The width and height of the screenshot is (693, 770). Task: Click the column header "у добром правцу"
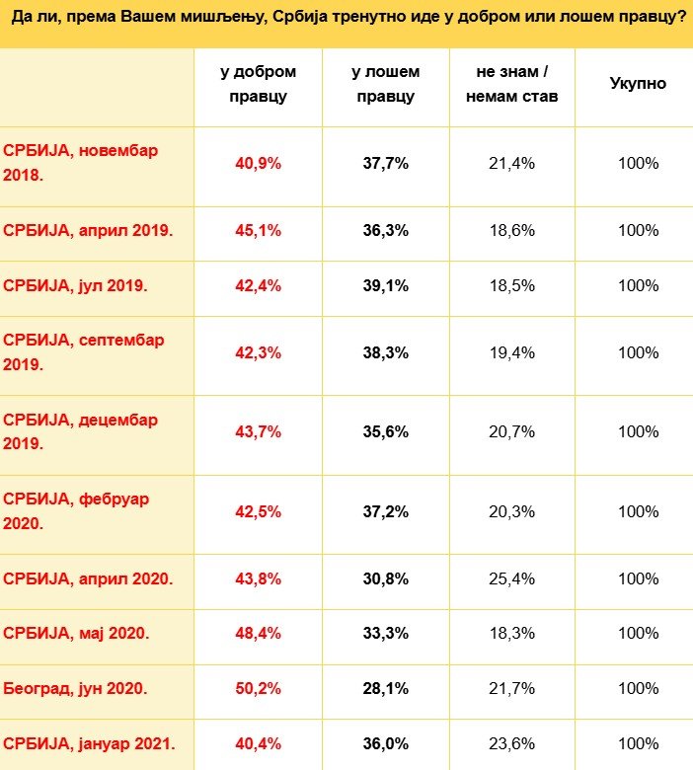(x=258, y=84)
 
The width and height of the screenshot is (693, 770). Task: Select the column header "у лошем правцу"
(x=385, y=84)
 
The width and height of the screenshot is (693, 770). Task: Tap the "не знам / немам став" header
(x=511, y=84)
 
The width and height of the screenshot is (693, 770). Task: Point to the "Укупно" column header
(x=638, y=84)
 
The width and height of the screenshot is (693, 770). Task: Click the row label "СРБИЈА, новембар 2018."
(x=80, y=163)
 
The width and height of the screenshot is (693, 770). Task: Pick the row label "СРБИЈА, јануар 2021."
(x=92, y=742)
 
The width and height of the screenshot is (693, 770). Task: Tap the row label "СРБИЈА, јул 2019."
(x=75, y=285)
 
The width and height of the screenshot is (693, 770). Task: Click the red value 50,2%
(x=258, y=688)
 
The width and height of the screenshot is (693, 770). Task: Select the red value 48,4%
(x=258, y=633)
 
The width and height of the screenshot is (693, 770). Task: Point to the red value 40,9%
(x=258, y=163)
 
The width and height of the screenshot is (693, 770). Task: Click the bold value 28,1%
(x=385, y=688)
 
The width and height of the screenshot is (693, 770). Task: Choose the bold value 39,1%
(x=385, y=285)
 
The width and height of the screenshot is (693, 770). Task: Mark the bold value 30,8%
(x=385, y=578)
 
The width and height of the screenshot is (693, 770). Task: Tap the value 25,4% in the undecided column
(x=511, y=578)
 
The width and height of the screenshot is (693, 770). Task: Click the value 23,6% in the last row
(x=511, y=742)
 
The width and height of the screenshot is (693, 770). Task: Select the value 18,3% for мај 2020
(x=511, y=633)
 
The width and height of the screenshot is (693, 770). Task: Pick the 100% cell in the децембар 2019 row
(x=638, y=431)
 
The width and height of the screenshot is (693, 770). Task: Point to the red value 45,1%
(x=258, y=231)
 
